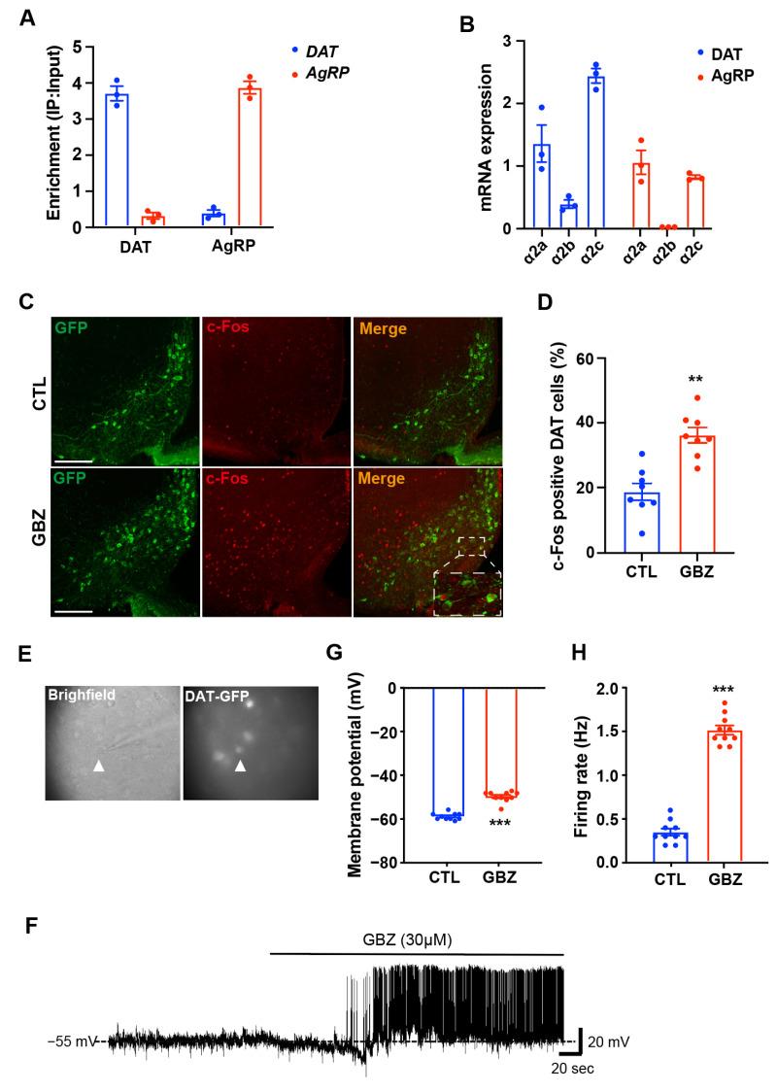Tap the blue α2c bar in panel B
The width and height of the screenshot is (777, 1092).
[595, 153]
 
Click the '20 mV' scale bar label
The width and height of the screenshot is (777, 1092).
[608, 1041]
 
